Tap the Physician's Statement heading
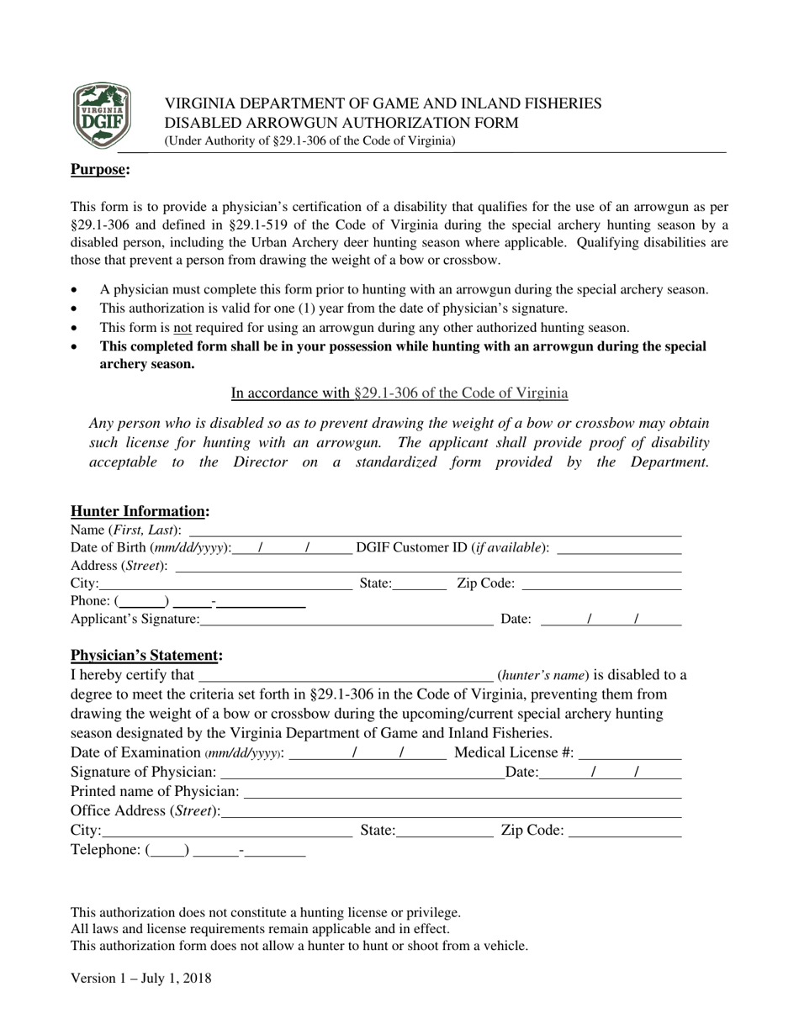click(x=146, y=655)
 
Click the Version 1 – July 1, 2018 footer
click(x=140, y=978)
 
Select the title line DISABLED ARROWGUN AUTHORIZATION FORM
click(x=341, y=123)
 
